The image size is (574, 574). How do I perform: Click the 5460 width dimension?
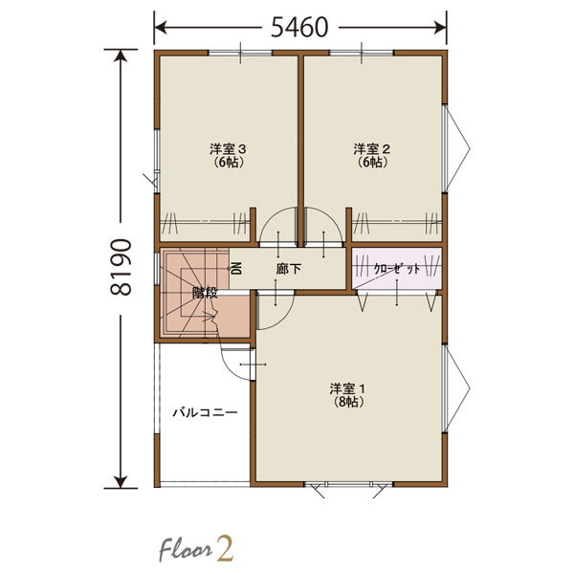pos(299,28)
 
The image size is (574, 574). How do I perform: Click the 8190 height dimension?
pos(121,268)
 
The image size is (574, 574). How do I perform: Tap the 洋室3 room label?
pos(228,149)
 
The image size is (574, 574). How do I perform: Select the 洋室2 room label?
pos(371,149)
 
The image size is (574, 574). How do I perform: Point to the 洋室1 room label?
pos(348,388)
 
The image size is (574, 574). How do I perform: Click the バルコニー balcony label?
pos(206,413)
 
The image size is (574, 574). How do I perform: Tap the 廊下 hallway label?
pos(289,270)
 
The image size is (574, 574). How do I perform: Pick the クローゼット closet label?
pos(396,270)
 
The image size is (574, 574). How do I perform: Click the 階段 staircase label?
pos(205,293)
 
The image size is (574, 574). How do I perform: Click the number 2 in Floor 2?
pos(225,548)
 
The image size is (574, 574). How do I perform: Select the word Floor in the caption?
pos(186,550)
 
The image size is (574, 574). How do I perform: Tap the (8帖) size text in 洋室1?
pos(348,402)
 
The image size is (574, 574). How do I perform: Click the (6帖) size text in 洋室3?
pos(229,163)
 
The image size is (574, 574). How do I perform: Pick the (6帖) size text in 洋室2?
pos(372,163)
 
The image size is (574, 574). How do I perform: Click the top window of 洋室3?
pos(240,54)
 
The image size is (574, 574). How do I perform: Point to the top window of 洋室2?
pos(362,54)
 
